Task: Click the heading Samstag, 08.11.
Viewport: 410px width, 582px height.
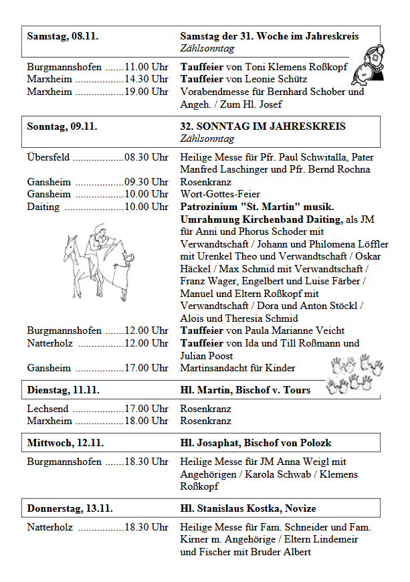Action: pos(62,36)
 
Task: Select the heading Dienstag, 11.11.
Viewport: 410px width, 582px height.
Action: pos(63,390)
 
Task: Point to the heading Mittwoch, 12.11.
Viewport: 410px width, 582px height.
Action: pos(65,443)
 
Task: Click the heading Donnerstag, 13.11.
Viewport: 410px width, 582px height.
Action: pos(70,508)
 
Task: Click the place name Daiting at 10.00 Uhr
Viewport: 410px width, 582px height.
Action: pos(43,207)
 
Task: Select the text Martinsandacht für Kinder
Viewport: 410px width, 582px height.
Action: pos(237,368)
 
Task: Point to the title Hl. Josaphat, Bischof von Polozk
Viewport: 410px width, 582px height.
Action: pos(255,443)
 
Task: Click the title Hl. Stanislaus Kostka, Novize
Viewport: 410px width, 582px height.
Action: pos(247,508)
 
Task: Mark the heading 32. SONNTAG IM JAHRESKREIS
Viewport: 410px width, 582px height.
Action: pos(263,126)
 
